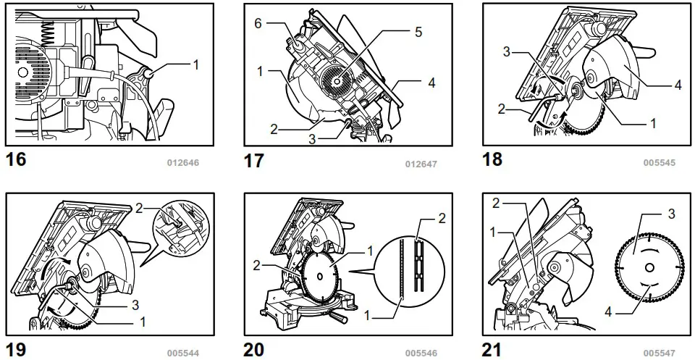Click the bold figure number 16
[x=16, y=159]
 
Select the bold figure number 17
[x=255, y=161]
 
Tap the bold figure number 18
[x=492, y=159]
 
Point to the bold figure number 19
[x=16, y=350]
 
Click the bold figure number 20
[x=255, y=350]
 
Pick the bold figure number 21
[x=492, y=350]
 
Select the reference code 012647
[x=421, y=164]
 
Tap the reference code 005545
[x=659, y=163]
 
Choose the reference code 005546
[x=421, y=353]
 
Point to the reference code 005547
[x=659, y=353]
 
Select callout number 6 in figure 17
[x=257, y=24]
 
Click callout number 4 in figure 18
[x=678, y=85]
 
